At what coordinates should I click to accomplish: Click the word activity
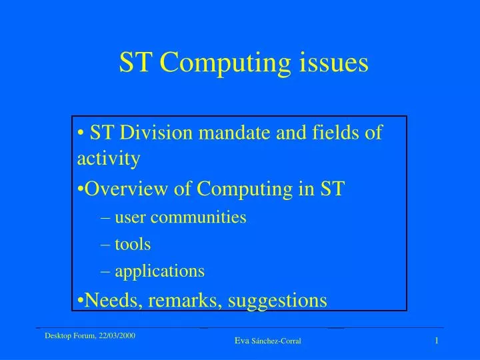(109, 159)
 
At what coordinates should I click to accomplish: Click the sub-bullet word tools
(133, 244)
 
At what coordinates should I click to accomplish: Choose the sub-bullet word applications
(159, 271)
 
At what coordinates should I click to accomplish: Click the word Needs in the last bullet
(111, 301)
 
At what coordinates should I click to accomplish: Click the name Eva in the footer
(242, 341)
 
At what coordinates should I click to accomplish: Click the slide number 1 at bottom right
(436, 341)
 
